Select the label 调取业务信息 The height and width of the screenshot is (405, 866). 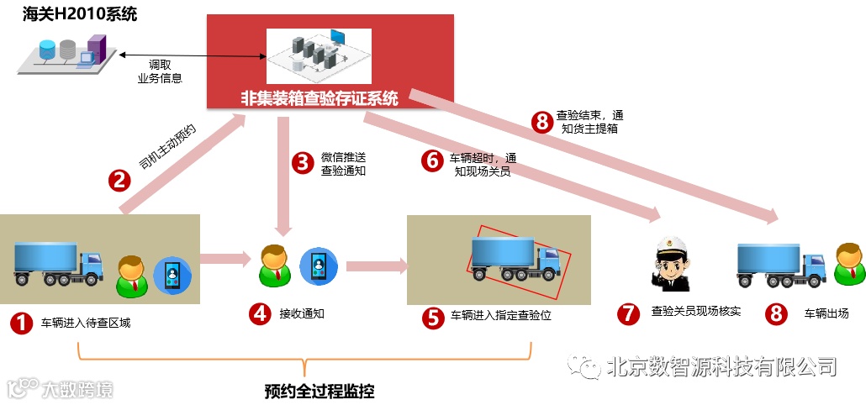pos(160,71)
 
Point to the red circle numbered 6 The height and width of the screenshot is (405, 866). pos(432,160)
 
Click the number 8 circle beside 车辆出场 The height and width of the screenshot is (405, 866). pos(776,314)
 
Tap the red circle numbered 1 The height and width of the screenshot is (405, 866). pos(19,323)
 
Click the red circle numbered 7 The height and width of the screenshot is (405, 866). pos(628,313)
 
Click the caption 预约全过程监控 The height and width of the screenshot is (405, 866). pos(319,392)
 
